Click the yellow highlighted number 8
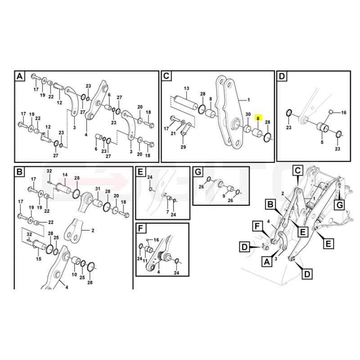coord(258,118)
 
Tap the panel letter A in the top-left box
coord(20,76)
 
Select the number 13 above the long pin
coord(186,88)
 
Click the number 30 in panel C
coord(248,114)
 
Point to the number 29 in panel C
coord(183,147)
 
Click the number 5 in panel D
coord(322,142)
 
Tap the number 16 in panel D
coord(343,112)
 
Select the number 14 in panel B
coord(65,175)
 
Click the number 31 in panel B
coord(98,189)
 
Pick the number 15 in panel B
coord(39,259)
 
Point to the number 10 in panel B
coord(74,274)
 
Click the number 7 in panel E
coord(167,211)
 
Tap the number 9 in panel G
coord(224,196)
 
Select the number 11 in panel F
coord(145,261)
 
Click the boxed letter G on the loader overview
coord(340,205)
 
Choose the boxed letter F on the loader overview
coord(257,226)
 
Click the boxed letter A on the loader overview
coord(267,261)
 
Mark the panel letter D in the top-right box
coord(282,76)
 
